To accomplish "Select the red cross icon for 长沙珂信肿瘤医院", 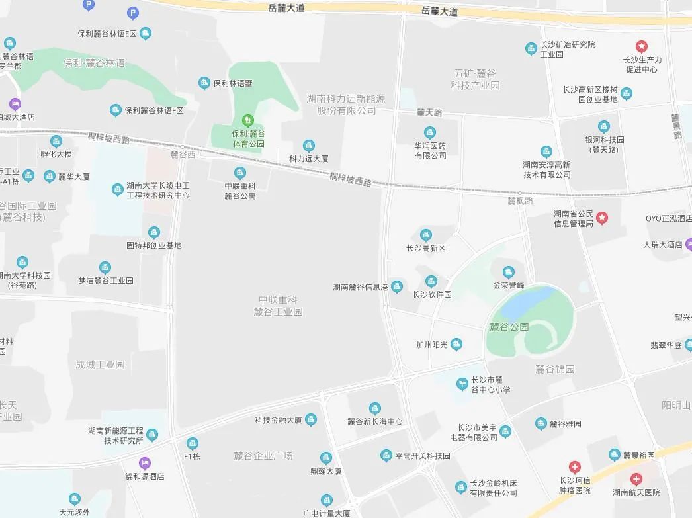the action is [574, 467].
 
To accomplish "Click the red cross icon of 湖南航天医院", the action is [636, 479].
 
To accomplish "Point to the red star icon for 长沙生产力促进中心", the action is [642, 46].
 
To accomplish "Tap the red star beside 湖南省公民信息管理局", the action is [601, 218].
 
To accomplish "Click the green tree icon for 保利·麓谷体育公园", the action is [248, 120].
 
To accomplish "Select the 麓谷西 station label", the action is [183, 154].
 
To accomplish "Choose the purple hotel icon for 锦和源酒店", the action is [144, 463].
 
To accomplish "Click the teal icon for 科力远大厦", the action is [308, 146].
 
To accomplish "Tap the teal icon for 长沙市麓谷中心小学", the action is [462, 384].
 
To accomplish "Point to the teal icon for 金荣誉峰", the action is [508, 272].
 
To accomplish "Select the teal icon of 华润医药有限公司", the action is [430, 132].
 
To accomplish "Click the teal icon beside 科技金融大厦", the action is [310, 420].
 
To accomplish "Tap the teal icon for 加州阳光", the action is [456, 344].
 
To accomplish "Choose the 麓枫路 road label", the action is [520, 200].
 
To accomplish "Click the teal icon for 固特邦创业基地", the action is [154, 232].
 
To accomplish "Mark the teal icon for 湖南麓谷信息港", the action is [396, 286].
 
